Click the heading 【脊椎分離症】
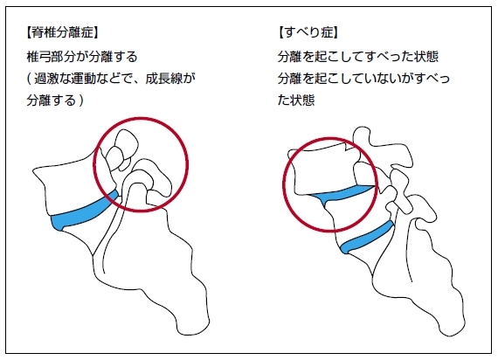[x=62, y=32]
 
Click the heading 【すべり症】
[x=308, y=32]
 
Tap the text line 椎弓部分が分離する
[x=82, y=57]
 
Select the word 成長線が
[x=169, y=79]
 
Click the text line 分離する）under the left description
[x=55, y=100]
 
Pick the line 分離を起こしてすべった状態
[x=358, y=57]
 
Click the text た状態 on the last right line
[x=296, y=100]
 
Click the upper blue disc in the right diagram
[x=342, y=195]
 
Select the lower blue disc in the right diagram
[x=367, y=239]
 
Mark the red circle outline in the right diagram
[x=377, y=184]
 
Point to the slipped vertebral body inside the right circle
[x=326, y=171]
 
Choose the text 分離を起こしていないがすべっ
[x=363, y=79]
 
